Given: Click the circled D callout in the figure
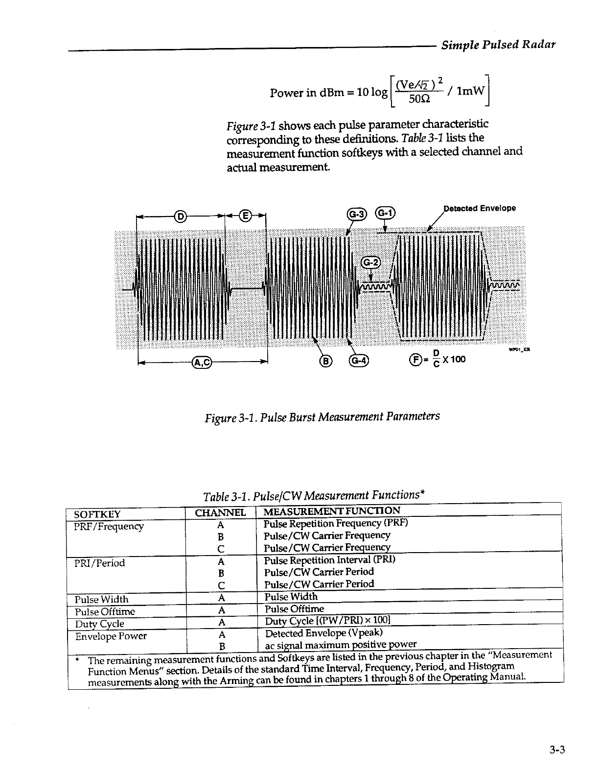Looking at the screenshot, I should pos(180,216).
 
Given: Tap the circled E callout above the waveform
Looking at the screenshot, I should pos(246,216).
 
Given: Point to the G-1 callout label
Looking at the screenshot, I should pos(385,214).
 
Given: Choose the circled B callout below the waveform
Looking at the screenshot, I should pos(325,361).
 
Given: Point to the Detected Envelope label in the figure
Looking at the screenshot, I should pos(479,208).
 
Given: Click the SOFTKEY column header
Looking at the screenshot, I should pos(97,514).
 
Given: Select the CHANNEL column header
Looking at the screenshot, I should pos(220,513).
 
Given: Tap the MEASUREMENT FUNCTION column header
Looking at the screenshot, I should pos(331,511).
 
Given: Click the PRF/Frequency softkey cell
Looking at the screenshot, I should pos(109,526).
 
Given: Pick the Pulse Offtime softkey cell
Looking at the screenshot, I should pos(105,611).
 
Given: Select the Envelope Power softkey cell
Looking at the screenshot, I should pos(111,636).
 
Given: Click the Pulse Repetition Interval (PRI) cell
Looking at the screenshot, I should pos(329,559).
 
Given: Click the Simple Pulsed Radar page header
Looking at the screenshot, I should pos(498,45).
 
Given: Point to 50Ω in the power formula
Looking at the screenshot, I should pos(419,98).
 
